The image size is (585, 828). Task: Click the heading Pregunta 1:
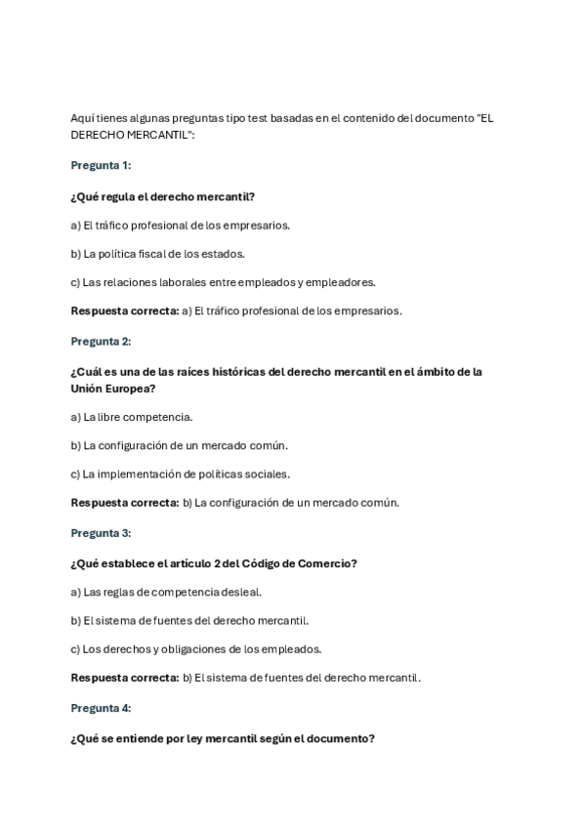(x=101, y=165)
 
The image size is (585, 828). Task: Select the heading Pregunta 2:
(x=101, y=341)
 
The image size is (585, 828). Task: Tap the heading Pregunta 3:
(x=101, y=533)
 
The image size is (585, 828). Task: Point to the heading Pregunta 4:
(x=101, y=708)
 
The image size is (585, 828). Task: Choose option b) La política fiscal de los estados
(x=157, y=254)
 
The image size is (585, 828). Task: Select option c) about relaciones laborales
(x=223, y=282)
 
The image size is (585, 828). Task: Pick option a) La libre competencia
(x=132, y=417)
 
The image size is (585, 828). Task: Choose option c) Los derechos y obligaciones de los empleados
(x=196, y=648)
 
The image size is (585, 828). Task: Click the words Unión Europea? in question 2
(x=112, y=388)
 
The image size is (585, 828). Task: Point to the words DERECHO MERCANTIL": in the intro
(x=132, y=135)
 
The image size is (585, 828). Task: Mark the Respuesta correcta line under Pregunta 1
(x=235, y=310)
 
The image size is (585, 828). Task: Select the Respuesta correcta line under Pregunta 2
(x=234, y=503)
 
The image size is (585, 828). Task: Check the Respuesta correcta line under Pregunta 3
(x=245, y=677)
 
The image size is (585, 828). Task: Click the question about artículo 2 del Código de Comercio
(x=213, y=563)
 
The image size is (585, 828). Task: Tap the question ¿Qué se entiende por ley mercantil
(x=222, y=739)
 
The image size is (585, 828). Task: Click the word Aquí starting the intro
(x=81, y=118)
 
